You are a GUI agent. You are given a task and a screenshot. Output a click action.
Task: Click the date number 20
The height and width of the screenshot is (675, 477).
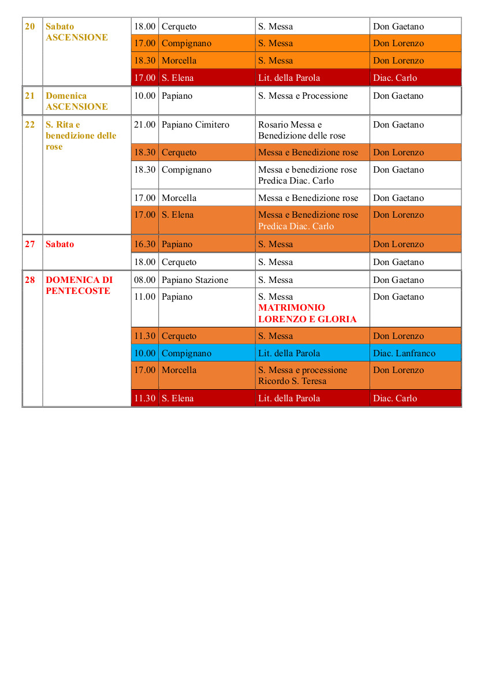click(x=30, y=27)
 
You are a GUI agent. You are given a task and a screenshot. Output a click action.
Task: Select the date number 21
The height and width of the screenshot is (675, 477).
click(x=30, y=96)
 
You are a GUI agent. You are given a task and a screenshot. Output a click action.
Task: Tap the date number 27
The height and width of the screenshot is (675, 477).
click(x=30, y=244)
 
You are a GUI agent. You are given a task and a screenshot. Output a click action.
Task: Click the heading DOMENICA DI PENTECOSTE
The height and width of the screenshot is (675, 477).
click(x=79, y=285)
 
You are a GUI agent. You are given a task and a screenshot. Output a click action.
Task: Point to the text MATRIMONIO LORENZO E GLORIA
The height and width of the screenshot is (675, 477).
click(x=307, y=314)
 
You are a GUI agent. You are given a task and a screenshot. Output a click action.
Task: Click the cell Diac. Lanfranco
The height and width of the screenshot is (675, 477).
click(x=404, y=353)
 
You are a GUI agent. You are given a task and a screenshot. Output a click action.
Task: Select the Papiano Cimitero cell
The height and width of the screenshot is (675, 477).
click(x=195, y=125)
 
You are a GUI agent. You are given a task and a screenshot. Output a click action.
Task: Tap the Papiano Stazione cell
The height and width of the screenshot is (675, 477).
click(x=195, y=280)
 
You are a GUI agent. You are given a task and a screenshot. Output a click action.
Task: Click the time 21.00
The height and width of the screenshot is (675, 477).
click(x=144, y=125)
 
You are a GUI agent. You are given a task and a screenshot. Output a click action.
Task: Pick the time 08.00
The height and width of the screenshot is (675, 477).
click(x=144, y=280)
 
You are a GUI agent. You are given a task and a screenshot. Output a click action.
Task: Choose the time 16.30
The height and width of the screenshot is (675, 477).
click(x=144, y=244)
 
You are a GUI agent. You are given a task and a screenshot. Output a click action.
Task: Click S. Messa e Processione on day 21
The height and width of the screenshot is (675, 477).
click(x=303, y=96)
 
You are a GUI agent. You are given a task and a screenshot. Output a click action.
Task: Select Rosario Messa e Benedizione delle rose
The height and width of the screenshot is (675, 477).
click(x=301, y=130)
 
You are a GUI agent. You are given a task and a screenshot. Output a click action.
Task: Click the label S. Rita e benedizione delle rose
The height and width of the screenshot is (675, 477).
click(x=81, y=136)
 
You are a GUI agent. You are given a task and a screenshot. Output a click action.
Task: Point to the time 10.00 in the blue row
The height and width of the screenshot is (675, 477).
click(x=144, y=353)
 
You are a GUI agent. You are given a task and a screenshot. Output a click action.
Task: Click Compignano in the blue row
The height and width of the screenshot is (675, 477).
click(x=187, y=353)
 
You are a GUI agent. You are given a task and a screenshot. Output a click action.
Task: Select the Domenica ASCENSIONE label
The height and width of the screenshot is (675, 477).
click(x=76, y=101)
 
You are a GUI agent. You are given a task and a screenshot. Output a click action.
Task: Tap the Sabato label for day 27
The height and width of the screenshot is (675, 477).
click(x=60, y=244)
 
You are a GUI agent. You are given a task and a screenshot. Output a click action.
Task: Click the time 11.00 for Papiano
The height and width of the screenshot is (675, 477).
click(x=144, y=297)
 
